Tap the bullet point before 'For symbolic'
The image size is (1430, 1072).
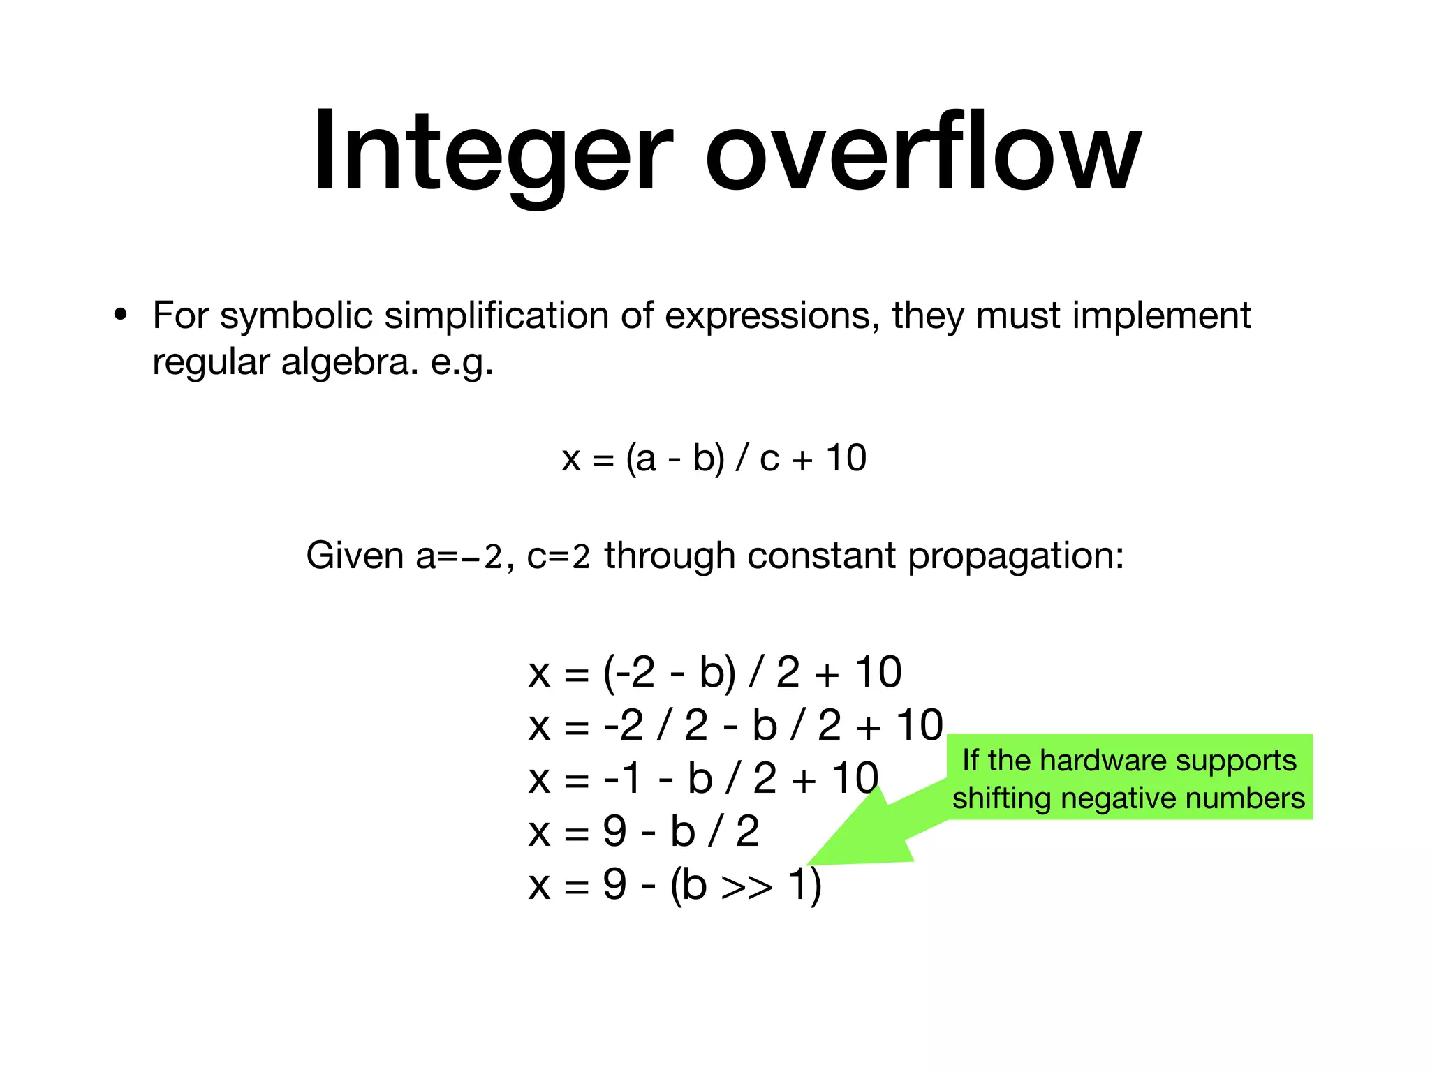(x=121, y=315)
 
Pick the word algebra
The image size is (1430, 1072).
(x=345, y=362)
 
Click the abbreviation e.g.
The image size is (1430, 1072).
(x=462, y=362)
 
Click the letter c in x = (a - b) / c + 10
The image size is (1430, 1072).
(x=769, y=459)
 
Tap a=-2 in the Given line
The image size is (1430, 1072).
(x=459, y=556)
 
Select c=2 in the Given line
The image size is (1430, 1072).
(x=559, y=556)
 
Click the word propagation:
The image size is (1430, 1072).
(x=1016, y=556)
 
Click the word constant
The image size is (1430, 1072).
(x=821, y=556)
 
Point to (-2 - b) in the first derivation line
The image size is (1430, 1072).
(x=670, y=673)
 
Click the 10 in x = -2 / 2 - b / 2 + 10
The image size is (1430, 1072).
(x=920, y=726)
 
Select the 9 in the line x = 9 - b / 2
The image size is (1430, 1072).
(x=614, y=832)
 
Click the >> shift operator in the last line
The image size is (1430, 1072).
(x=746, y=886)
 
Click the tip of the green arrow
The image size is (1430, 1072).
(x=810, y=864)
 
